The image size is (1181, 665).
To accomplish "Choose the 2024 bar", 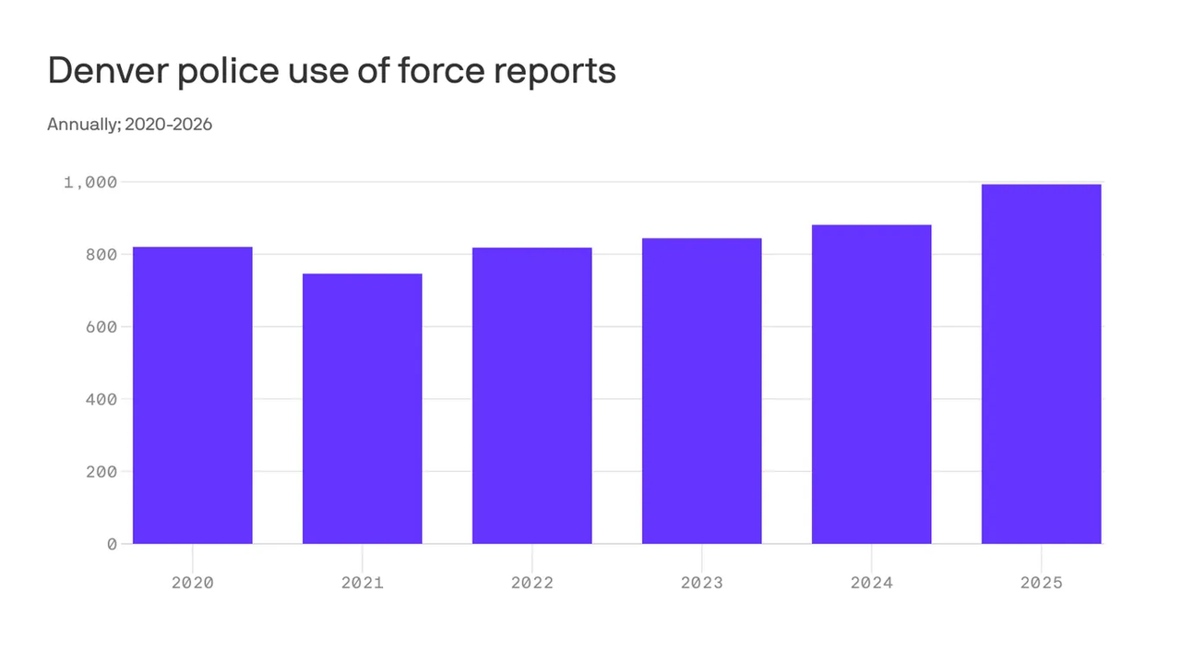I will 872,384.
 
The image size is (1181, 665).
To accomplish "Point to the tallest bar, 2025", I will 1042,364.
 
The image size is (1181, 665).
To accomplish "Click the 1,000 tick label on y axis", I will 90,182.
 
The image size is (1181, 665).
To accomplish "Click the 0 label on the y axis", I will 112,544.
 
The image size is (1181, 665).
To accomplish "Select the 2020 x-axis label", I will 193,583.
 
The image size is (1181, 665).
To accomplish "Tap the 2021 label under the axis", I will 363,583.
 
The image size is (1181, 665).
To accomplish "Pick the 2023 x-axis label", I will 702,583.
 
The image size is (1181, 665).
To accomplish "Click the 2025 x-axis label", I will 1042,583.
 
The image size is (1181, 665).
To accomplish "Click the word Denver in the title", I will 107,71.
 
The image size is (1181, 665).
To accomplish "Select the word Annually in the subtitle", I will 80,124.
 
